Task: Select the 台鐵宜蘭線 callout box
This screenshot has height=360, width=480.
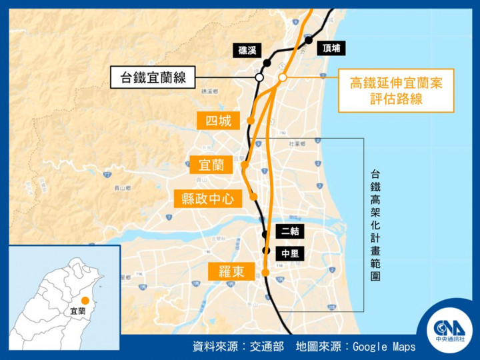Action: (153, 78)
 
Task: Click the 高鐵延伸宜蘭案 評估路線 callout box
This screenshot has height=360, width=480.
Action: (396, 91)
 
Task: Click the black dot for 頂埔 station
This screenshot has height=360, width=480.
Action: (309, 41)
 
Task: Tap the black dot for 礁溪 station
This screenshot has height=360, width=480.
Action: (267, 63)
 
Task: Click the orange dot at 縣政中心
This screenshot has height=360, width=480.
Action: (253, 196)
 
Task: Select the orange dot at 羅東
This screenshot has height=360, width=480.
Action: (265, 272)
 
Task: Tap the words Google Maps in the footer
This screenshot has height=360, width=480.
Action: (383, 347)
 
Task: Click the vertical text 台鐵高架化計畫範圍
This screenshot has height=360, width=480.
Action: (376, 225)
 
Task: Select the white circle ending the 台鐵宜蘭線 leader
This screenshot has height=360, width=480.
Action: (259, 78)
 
